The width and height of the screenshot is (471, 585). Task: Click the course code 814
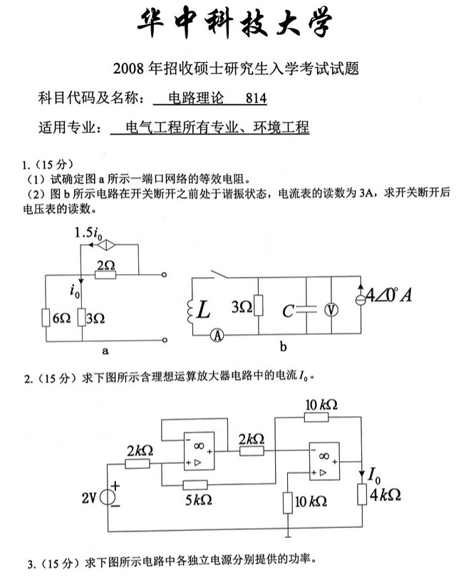256,99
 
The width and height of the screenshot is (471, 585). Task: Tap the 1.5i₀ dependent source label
88,233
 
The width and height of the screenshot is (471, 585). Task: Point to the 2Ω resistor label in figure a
105,264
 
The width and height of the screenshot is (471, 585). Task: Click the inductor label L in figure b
205,310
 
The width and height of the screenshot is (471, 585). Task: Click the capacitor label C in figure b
287,311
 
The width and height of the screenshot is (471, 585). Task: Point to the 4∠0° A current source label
387,294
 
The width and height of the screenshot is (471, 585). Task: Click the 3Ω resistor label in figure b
242,307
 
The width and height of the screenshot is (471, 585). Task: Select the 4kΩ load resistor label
386,495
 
